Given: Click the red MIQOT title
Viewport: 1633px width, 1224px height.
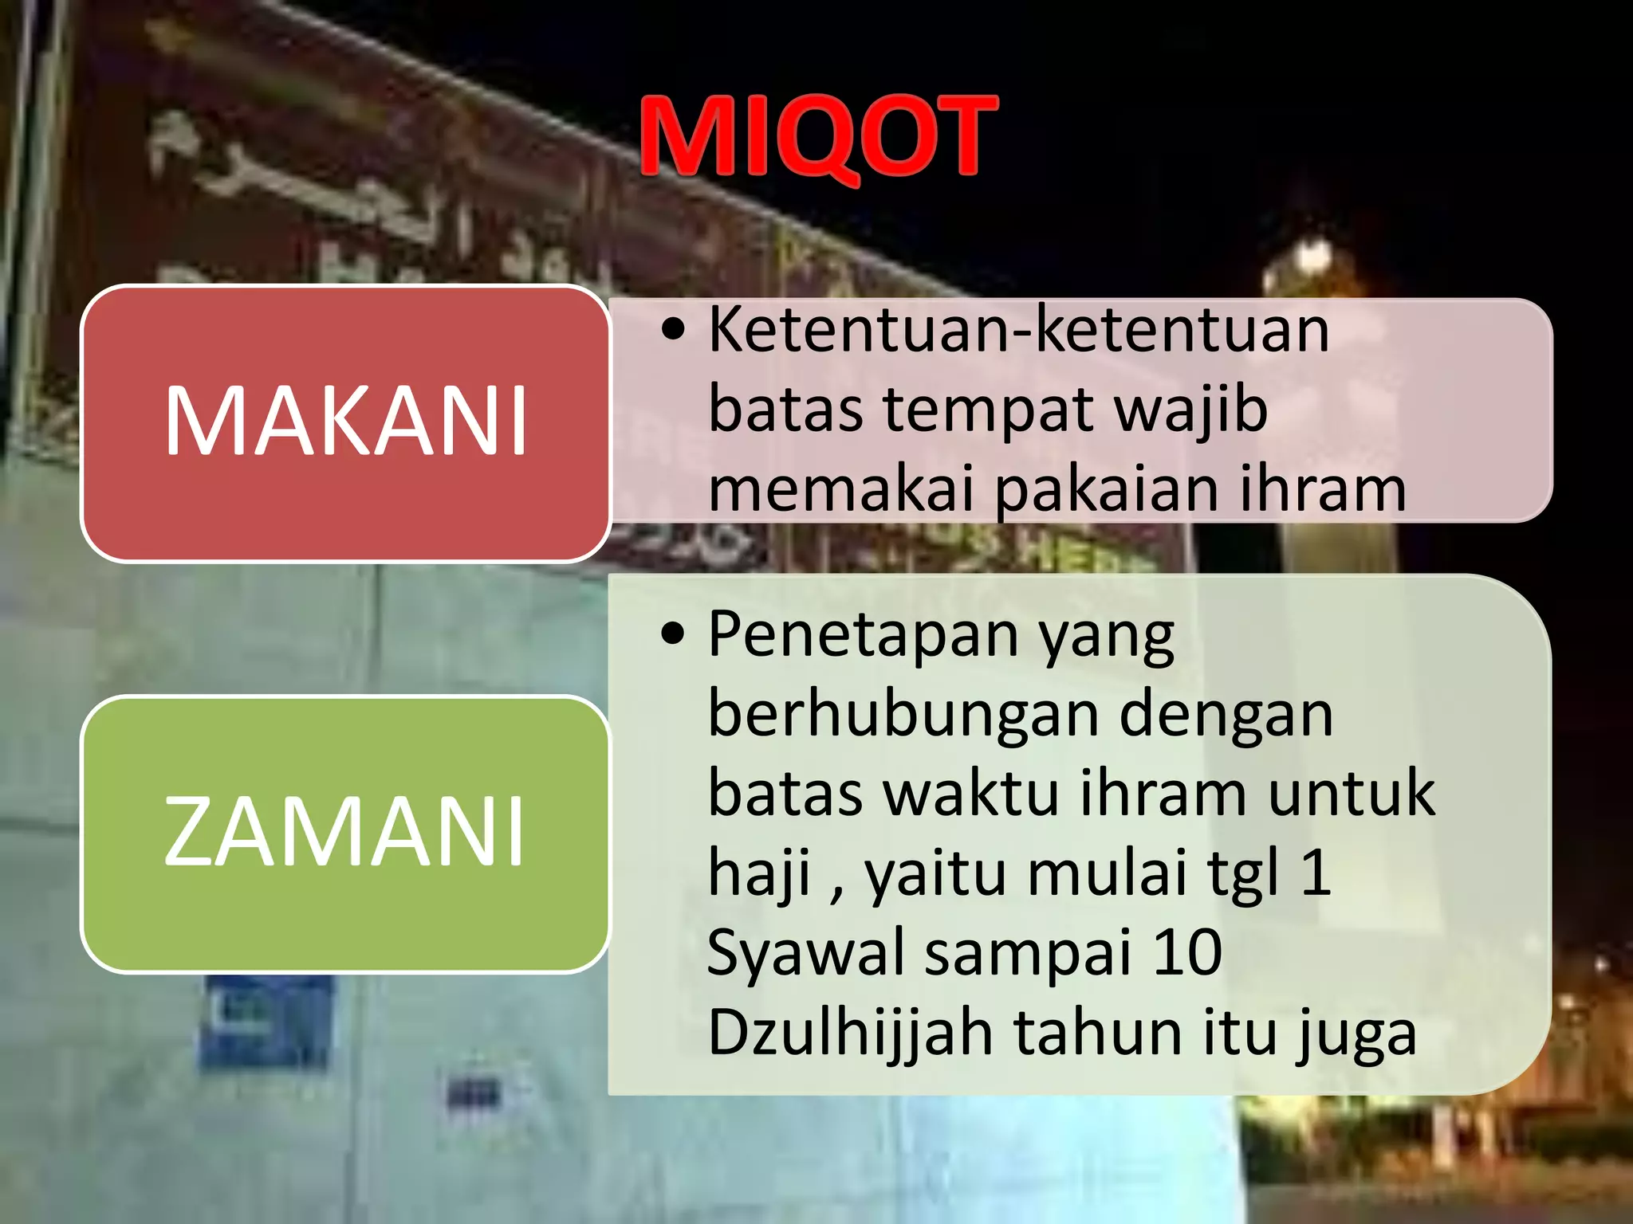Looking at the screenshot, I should coord(818,137).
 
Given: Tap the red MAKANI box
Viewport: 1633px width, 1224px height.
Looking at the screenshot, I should coord(345,422).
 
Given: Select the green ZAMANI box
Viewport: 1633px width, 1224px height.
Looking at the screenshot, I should coord(345,833).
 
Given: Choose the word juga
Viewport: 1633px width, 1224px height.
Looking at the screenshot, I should coord(1356,1034).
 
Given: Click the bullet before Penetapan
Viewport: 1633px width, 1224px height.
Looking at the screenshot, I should coord(674,634).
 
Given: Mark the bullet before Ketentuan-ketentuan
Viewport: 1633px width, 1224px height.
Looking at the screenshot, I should coord(674,328).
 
